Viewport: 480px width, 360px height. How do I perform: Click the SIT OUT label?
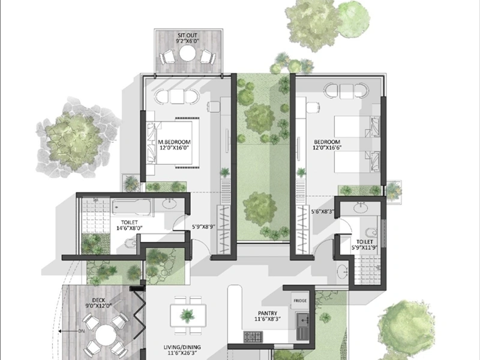pyautogui.click(x=187, y=35)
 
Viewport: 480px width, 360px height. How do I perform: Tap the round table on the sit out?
pyautogui.click(x=187, y=53)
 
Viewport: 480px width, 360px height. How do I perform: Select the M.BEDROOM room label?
pyautogui.click(x=174, y=142)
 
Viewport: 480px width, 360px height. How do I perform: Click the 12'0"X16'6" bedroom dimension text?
pyautogui.click(x=327, y=148)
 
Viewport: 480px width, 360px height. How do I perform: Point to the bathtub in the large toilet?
pyautogui.click(x=131, y=207)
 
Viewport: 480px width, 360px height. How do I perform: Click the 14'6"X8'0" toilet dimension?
pyautogui.click(x=130, y=228)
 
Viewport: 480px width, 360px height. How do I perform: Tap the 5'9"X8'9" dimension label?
pyautogui.click(x=203, y=227)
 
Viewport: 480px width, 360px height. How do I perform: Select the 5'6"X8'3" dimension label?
pyautogui.click(x=323, y=211)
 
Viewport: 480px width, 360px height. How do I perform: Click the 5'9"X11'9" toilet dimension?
pyautogui.click(x=364, y=247)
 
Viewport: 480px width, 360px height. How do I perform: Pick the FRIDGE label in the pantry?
pyautogui.click(x=300, y=301)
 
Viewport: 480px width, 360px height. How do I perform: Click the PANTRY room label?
pyautogui.click(x=268, y=313)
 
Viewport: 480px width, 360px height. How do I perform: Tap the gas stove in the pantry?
pyautogui.click(x=253, y=337)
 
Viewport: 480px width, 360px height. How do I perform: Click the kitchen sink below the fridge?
pyautogui.click(x=302, y=326)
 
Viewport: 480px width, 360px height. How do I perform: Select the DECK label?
pyautogui.click(x=98, y=300)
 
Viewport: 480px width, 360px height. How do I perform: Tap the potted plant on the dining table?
pyautogui.click(x=187, y=316)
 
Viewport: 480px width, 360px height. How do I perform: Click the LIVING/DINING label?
pyautogui.click(x=182, y=347)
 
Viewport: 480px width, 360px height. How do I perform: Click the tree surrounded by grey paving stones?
pyautogui.click(x=73, y=141)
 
